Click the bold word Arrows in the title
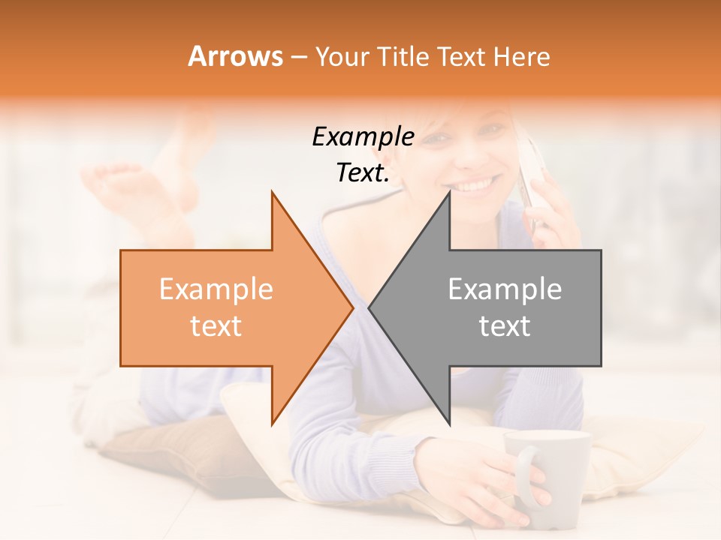tap(236, 56)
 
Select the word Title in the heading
tap(406, 56)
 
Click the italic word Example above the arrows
tap(363, 137)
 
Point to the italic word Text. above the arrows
tap(363, 173)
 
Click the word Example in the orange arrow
tap(216, 289)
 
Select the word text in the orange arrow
tap(216, 326)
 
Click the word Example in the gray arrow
tap(505, 289)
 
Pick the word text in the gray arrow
tap(505, 326)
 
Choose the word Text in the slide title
tap(460, 56)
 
